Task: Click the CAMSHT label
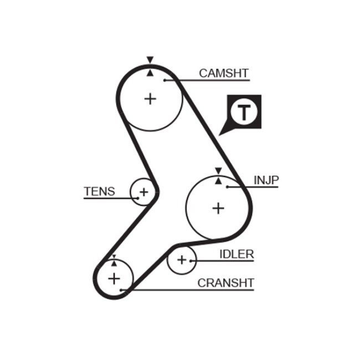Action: tap(224, 73)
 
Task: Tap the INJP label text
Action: tap(266, 180)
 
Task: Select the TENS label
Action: tap(100, 192)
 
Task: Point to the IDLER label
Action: tap(236, 254)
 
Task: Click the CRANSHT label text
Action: tap(226, 283)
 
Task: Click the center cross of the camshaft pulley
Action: tap(150, 99)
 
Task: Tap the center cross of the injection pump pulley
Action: tap(219, 208)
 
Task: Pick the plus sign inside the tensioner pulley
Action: tap(143, 192)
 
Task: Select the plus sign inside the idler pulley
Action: tap(182, 259)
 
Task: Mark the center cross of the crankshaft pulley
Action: tap(114, 277)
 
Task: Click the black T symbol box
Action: tap(244, 112)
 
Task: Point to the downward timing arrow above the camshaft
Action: tap(150, 60)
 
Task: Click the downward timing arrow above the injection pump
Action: tap(218, 171)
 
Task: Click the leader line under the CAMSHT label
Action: tap(210, 81)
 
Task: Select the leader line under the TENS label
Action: tap(108, 198)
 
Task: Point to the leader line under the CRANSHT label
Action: tap(194, 290)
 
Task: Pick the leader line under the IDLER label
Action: tap(222, 261)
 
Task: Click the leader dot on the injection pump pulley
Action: tap(228, 187)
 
